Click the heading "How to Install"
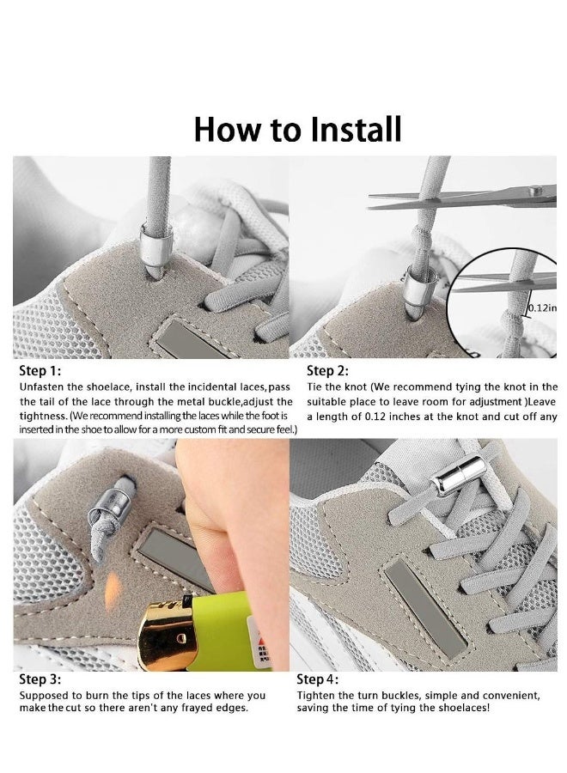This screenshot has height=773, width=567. [297, 129]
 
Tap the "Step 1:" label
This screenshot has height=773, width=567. [40, 372]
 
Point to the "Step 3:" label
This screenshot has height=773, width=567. [40, 679]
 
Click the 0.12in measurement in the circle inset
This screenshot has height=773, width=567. [540, 307]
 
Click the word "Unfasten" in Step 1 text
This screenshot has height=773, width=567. [42, 387]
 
